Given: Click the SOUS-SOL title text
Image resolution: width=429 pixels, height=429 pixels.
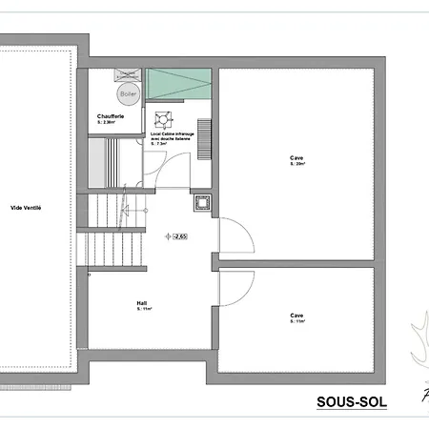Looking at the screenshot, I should [x=351, y=402].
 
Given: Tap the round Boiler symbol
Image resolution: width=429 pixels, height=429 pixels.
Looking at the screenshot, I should [x=129, y=93].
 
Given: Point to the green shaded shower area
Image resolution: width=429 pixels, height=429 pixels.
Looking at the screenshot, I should [x=179, y=84].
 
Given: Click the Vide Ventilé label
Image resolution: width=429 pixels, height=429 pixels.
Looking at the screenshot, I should [x=26, y=208].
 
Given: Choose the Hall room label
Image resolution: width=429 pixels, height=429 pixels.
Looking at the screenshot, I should [x=142, y=304].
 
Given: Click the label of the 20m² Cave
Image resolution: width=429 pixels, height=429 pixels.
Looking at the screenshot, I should [x=297, y=158].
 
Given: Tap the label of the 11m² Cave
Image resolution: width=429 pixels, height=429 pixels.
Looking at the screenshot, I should [x=297, y=316].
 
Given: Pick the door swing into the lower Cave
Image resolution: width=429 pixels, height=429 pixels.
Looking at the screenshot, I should [x=235, y=286].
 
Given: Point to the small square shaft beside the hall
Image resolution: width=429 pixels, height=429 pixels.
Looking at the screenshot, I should [x=202, y=203].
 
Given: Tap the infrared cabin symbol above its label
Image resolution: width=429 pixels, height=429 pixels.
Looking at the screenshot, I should [x=161, y=119].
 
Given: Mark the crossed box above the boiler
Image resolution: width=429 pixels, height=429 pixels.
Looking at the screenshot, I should [x=126, y=74].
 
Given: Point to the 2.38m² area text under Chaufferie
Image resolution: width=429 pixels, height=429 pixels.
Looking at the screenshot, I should [x=106, y=123].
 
